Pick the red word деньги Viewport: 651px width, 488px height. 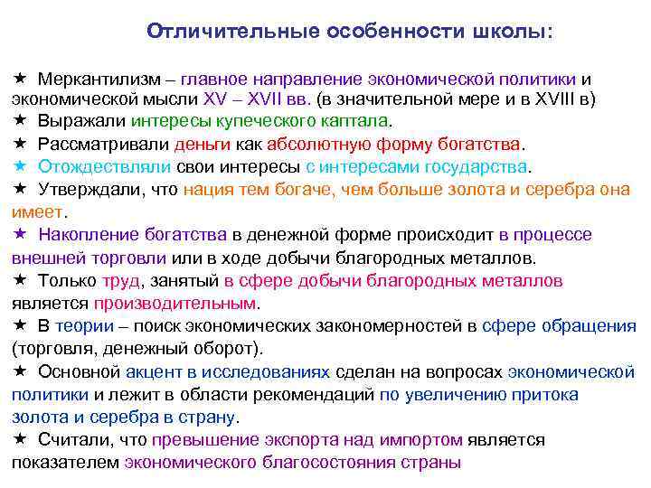203,144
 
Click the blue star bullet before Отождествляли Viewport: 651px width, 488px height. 20,166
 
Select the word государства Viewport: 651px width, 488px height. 474,166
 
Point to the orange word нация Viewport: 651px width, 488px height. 208,189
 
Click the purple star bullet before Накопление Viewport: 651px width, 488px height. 20,235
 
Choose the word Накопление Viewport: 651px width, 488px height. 87,235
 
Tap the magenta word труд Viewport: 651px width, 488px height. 120,280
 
